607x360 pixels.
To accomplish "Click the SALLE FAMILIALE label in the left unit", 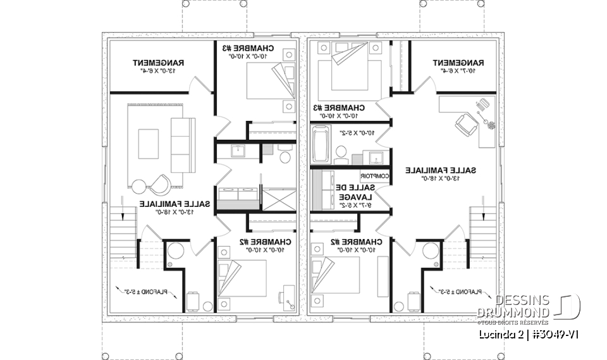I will pos(166,204).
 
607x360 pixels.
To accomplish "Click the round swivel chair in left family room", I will pos(160,184).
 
